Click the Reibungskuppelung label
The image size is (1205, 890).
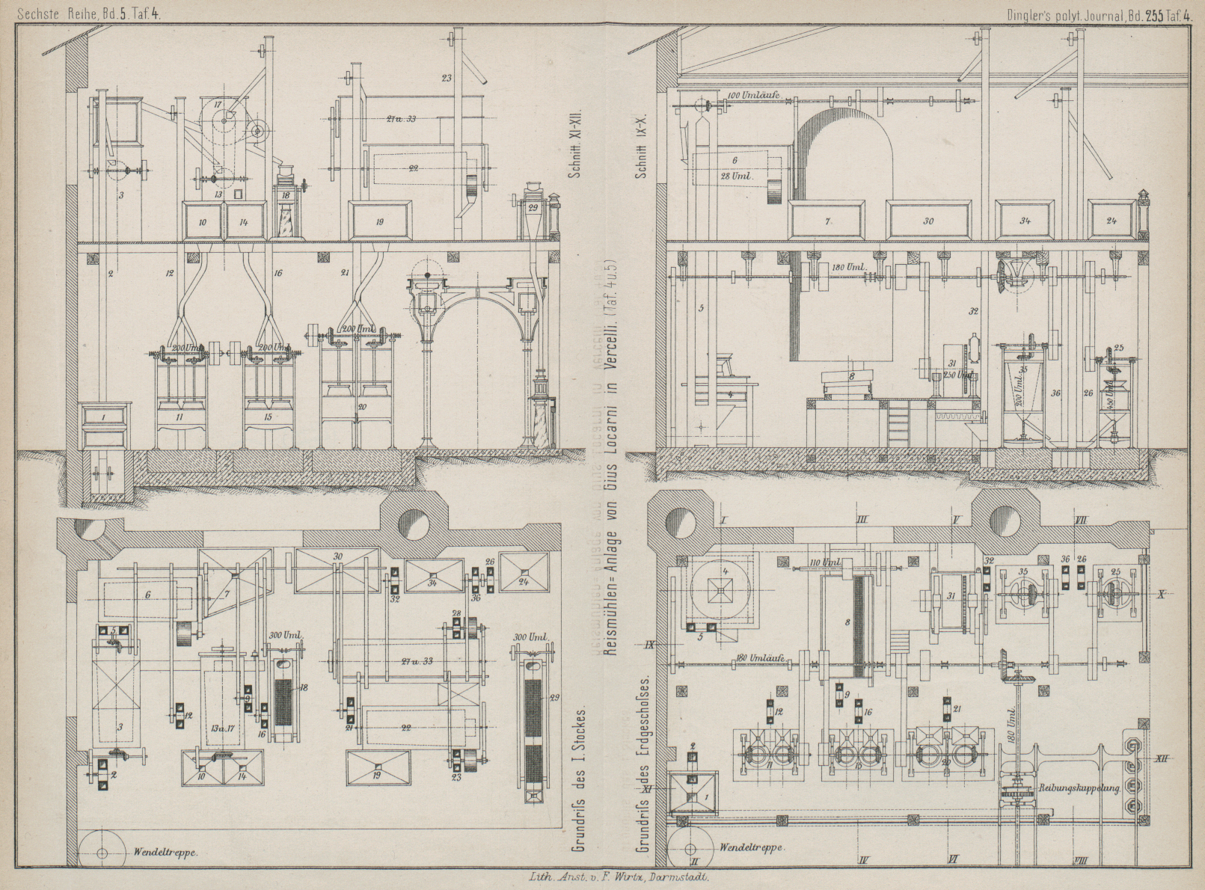pyautogui.click(x=1079, y=788)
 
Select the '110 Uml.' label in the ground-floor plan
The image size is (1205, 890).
pyautogui.click(x=825, y=562)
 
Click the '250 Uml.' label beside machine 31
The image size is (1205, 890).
pyautogui.click(x=957, y=375)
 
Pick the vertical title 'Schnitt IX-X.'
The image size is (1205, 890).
pyautogui.click(x=641, y=149)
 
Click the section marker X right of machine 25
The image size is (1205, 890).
pyautogui.click(x=1162, y=595)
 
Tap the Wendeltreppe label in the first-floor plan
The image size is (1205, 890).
pyautogui.click(x=165, y=852)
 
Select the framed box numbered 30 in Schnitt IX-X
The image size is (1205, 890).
pyautogui.click(x=929, y=221)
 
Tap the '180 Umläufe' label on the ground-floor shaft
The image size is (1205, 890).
pyautogui.click(x=760, y=658)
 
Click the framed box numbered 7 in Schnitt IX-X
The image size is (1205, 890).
pyautogui.click(x=828, y=221)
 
